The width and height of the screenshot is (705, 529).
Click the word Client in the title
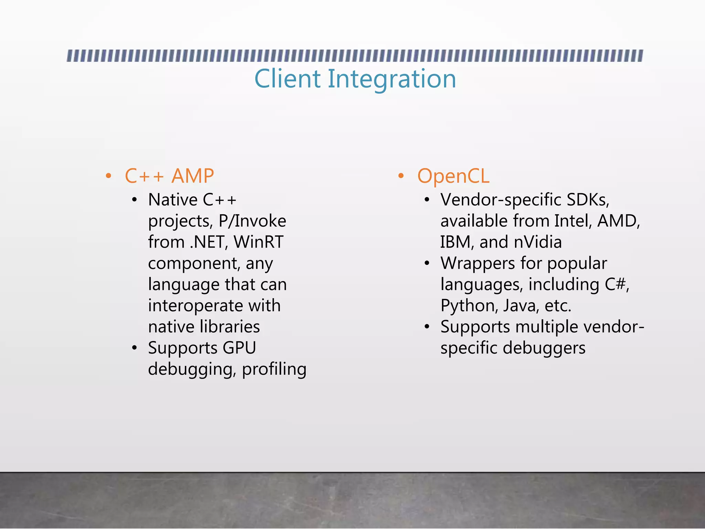coord(287,79)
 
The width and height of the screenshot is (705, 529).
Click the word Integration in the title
coord(392,79)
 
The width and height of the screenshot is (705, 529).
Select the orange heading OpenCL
coord(453,176)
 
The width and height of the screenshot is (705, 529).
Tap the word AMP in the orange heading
coord(193,176)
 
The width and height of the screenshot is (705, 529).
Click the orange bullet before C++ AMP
coord(108,176)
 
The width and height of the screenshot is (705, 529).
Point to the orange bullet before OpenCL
coord(401,176)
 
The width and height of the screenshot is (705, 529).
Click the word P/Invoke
coord(252,221)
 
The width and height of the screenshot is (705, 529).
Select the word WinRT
coord(259,242)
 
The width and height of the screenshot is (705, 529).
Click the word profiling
coord(274,369)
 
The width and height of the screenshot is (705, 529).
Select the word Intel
coord(573,221)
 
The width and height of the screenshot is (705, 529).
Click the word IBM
coord(455,242)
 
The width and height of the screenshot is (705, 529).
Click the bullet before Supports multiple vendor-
coord(427,326)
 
